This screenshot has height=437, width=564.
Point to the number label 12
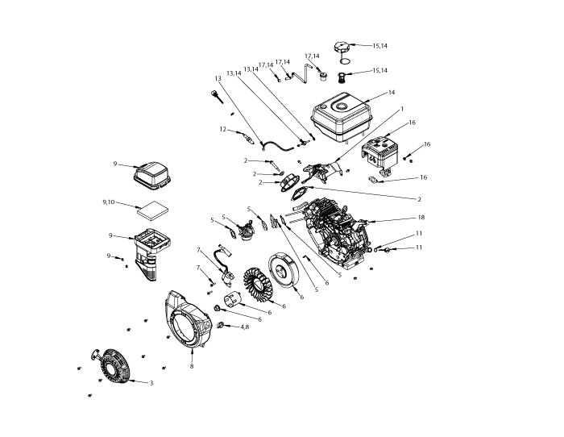(x=223, y=129)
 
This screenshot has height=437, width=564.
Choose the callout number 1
(x=401, y=107)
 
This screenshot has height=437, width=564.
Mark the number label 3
(x=151, y=383)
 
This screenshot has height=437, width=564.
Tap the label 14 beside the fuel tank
(x=392, y=93)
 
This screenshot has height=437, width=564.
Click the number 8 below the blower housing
(x=192, y=367)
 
